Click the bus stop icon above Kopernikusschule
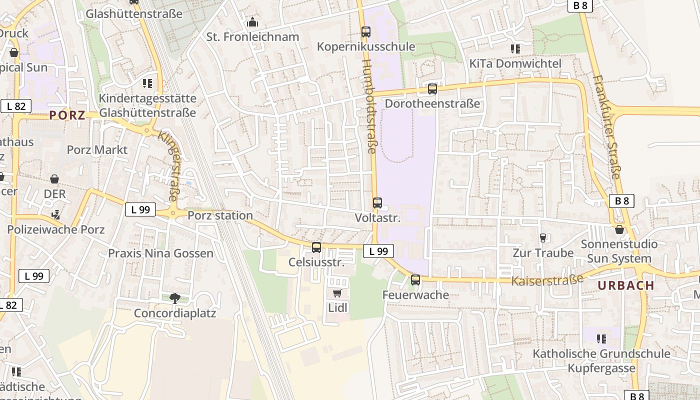click(366, 32)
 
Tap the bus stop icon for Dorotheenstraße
click(432, 89)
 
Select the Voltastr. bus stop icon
click(377, 203)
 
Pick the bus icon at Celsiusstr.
click(316, 247)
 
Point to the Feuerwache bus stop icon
click(415, 280)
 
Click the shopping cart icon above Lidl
click(337, 293)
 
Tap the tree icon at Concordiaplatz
click(174, 298)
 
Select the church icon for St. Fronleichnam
click(253, 22)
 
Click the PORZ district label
click(67, 115)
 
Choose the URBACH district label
click(626, 285)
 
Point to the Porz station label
click(220, 215)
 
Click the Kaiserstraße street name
click(547, 279)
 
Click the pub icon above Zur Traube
click(543, 238)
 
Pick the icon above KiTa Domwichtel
click(515, 49)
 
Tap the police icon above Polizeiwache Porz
click(56, 215)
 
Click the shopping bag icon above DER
click(54, 179)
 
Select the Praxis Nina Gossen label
click(160, 253)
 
